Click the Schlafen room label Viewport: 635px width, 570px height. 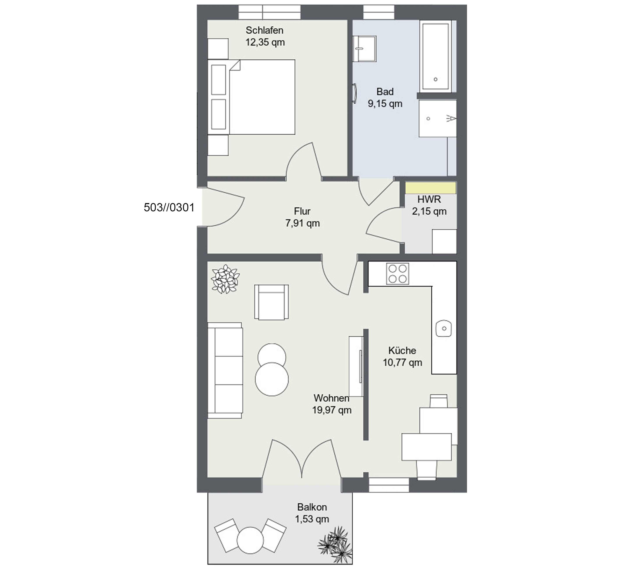coord(265,30)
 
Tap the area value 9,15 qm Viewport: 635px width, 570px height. coord(385,104)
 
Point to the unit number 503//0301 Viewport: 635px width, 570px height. coord(169,207)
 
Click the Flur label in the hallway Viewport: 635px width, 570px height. coord(302,211)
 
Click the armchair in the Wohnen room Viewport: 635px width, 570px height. coord(271,302)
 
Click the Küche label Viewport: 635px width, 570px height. coord(402,350)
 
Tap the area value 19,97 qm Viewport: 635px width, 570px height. coord(332,410)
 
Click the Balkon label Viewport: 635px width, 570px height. coord(312,507)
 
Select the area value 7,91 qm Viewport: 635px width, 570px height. coord(302,223)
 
